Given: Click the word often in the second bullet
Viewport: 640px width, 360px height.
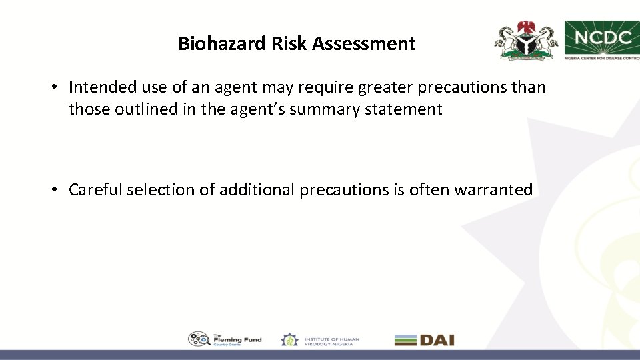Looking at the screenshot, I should pos(429,190).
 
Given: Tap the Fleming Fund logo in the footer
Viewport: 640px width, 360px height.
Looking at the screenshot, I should pos(225,339).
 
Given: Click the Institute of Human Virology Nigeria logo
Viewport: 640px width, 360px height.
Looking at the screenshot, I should pos(320,340).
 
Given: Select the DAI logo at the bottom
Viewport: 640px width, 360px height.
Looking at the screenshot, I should pos(424,340).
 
